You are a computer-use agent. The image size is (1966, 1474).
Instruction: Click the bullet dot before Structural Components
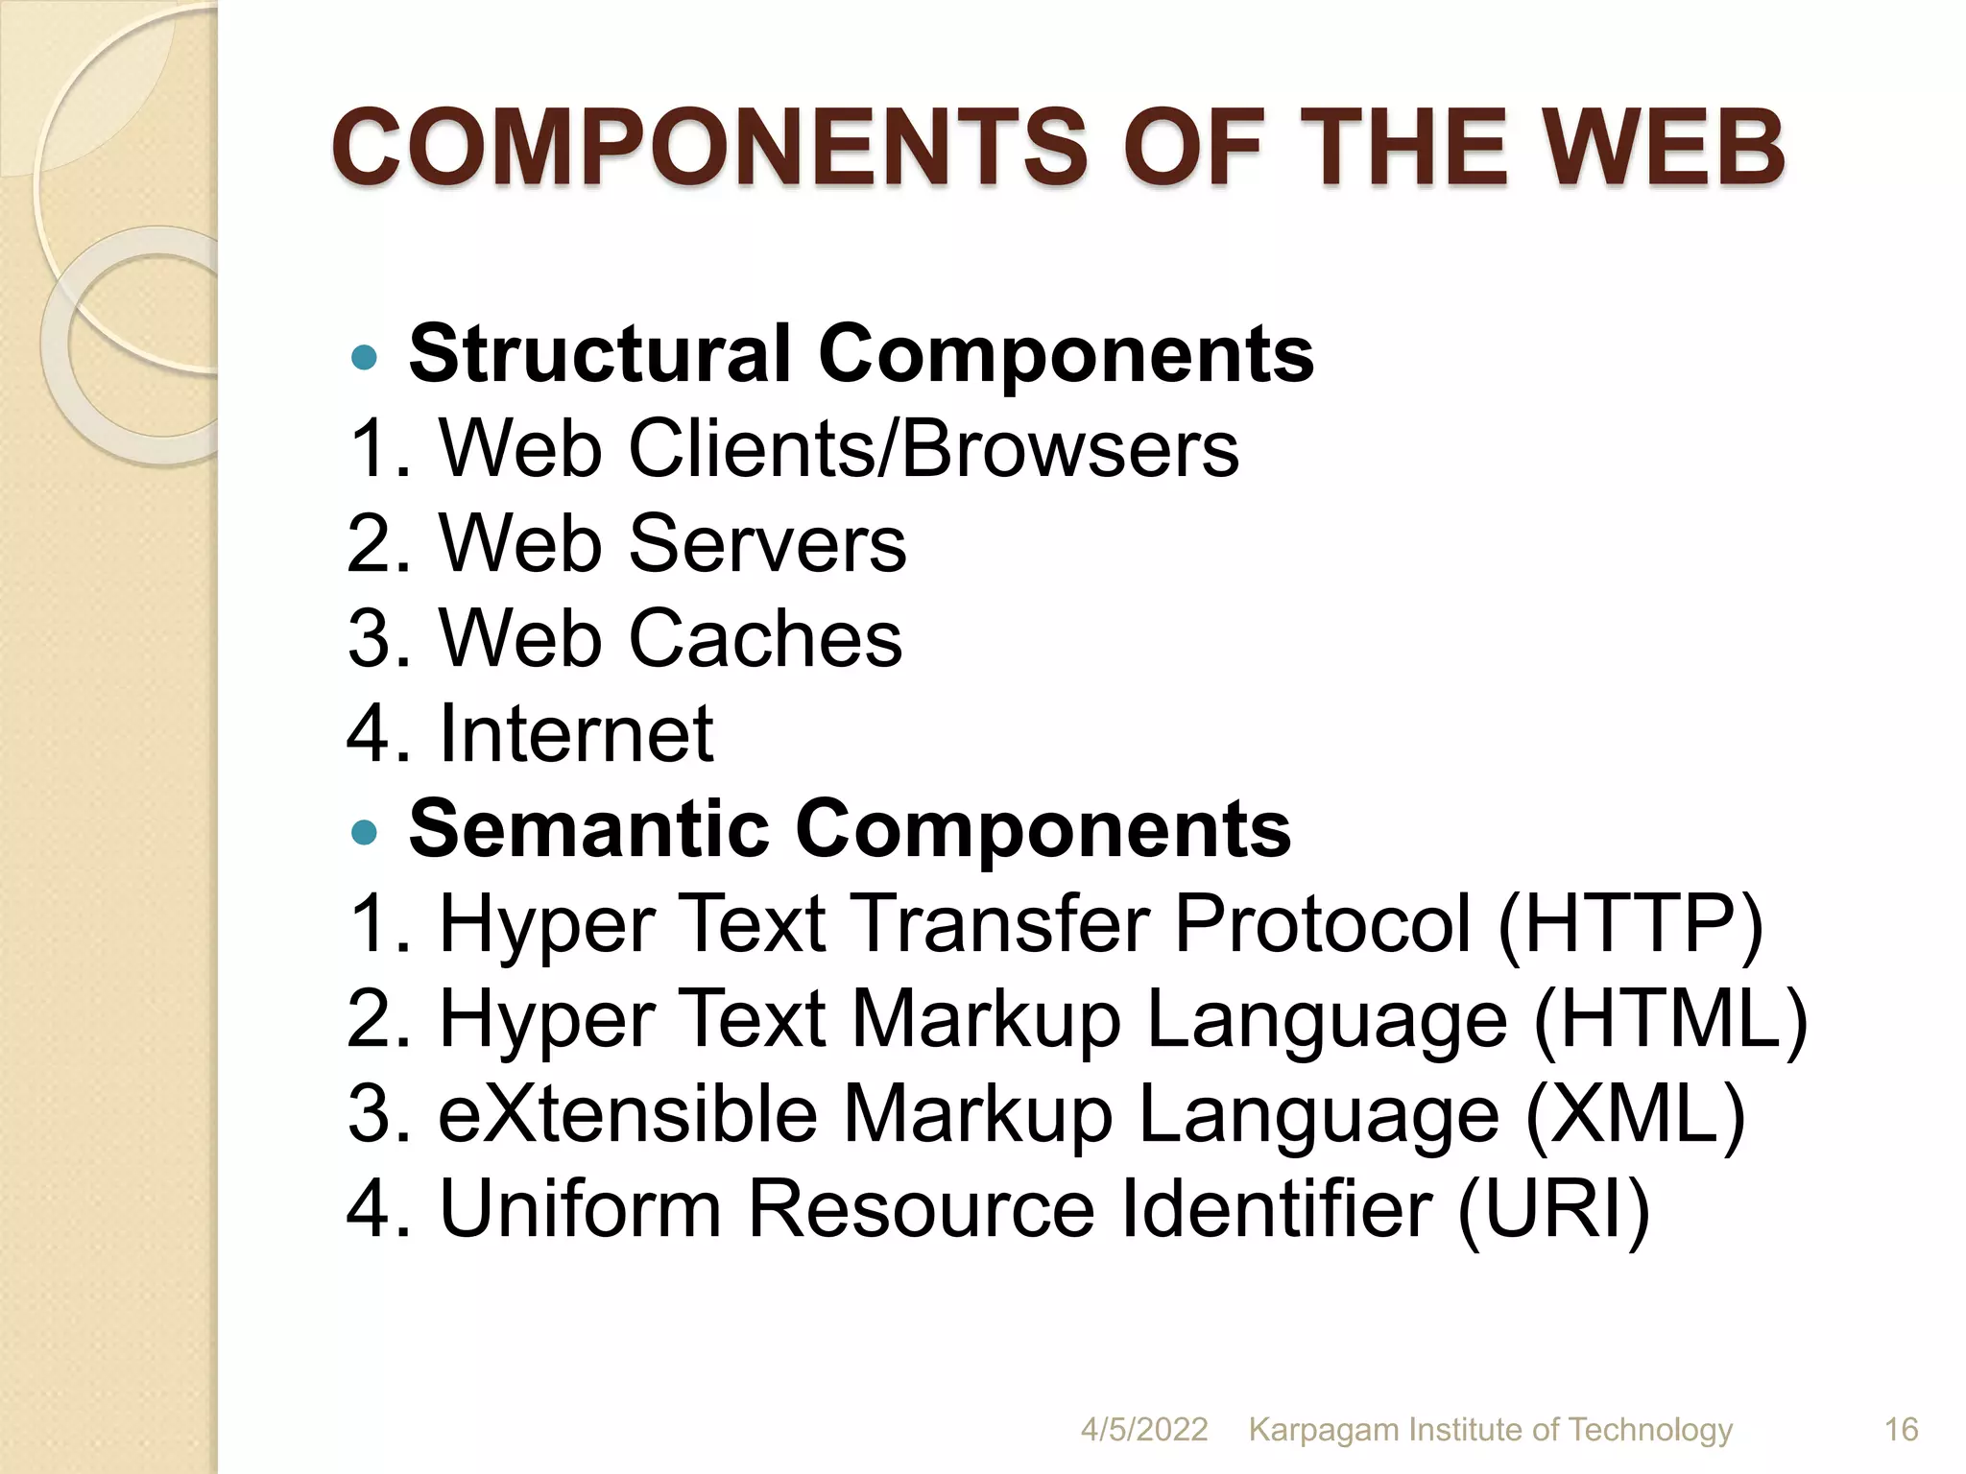tap(365, 359)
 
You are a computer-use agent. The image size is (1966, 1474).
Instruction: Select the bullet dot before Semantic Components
tap(365, 832)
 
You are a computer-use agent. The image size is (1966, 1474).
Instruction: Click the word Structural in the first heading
tap(599, 353)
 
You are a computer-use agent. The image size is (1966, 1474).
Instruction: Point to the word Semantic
tap(588, 828)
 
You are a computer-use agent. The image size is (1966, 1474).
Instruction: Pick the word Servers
tap(767, 543)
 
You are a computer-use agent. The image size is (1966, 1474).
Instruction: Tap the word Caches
tap(765, 638)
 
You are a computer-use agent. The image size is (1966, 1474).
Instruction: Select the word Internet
tap(576, 733)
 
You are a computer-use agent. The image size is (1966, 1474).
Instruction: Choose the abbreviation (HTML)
tap(1670, 1020)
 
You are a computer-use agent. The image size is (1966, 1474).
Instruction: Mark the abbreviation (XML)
tap(1635, 1115)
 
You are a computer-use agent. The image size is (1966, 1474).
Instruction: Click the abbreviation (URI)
tap(1554, 1209)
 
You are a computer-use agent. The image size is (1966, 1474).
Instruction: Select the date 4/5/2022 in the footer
tap(1144, 1430)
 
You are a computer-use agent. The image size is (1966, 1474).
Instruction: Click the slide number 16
tap(1901, 1430)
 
